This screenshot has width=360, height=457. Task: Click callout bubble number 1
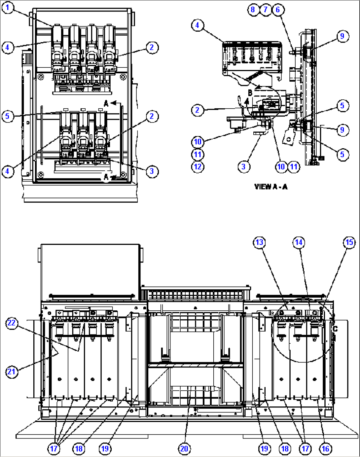pos(8,8)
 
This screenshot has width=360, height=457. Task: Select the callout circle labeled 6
pos(278,10)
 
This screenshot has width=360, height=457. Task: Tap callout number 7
pos(266,10)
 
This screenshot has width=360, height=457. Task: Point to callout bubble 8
pos(253,10)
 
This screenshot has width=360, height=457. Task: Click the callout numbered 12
pos(198,167)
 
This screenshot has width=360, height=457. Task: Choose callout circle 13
pos(260,243)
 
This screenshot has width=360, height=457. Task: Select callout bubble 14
pos(299,243)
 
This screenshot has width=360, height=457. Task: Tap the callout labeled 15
pos(349,243)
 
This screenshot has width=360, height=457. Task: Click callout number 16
pos(325,448)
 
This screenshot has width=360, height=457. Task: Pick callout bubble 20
pos(184,448)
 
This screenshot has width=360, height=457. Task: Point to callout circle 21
pos(12,372)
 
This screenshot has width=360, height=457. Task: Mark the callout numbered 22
pos(12,323)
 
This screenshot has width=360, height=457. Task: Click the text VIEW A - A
pos(271,187)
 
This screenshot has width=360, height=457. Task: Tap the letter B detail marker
pos(250,93)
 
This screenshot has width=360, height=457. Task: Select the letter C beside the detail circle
pos(335,329)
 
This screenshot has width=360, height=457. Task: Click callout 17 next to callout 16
pos(305,448)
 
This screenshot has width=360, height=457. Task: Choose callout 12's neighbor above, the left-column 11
pos(198,155)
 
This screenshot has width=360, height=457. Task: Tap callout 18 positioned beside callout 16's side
pos(285,448)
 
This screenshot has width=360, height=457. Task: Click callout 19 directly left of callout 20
pos(105,448)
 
